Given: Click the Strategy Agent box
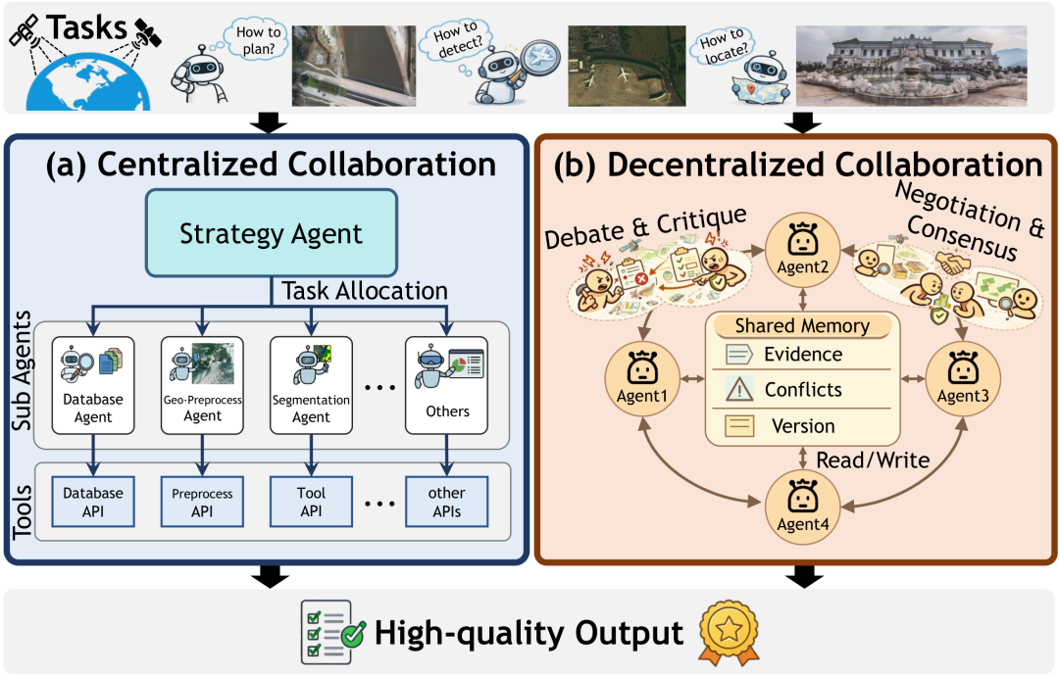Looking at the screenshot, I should [x=271, y=233].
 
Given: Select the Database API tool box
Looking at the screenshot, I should [x=93, y=501].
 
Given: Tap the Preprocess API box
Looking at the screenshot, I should [x=202, y=501].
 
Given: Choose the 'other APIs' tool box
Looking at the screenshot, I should [x=447, y=501].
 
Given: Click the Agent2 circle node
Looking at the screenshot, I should [x=803, y=247].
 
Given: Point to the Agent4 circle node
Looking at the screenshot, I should [x=803, y=504].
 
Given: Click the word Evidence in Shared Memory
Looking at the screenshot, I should [x=802, y=355].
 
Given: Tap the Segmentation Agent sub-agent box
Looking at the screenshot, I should [x=311, y=386].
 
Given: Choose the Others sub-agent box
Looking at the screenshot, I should [x=447, y=386].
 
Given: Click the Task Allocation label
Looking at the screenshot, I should [x=364, y=290].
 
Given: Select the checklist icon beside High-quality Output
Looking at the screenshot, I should [x=330, y=633].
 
